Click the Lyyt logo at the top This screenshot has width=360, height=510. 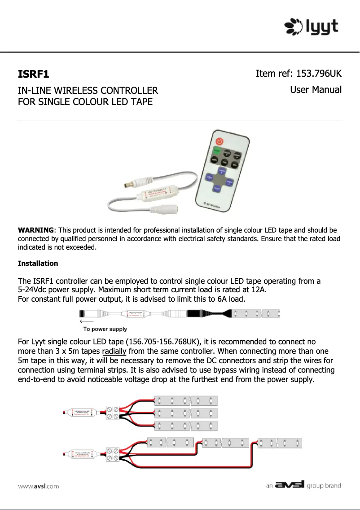312,26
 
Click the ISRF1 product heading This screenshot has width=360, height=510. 33,74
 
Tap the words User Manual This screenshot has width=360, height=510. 316,90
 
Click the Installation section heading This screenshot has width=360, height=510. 38,263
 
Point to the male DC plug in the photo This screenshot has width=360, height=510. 131,184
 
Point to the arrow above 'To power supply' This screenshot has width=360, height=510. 86,321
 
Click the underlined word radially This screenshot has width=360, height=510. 114,351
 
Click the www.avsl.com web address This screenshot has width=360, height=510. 38,486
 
